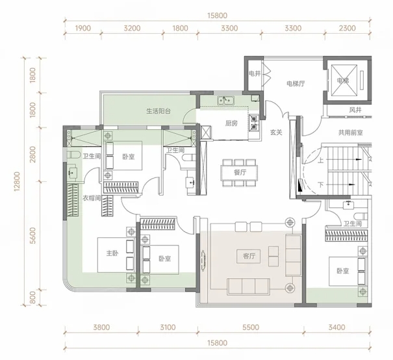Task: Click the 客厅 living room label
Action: coord(249,256)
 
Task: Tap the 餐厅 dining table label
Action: coord(240,172)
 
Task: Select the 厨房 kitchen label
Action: coord(231,123)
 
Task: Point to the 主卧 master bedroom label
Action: coord(112,253)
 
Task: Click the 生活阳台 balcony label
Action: coord(158,111)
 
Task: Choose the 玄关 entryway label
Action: coord(276,133)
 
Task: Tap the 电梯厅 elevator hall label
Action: coord(296,83)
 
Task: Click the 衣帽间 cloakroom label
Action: coord(92,198)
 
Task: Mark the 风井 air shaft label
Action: coord(355,110)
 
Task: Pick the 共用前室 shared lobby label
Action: coord(350,133)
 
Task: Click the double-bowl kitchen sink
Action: coord(225,100)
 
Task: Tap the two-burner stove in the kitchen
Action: coord(253,123)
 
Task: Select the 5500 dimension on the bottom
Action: coord(251,327)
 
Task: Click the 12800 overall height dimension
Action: coord(17,181)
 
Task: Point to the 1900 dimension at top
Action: coord(83,28)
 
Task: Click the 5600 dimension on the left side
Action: coord(32,236)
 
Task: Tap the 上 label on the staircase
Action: coord(320,160)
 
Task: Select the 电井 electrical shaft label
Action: coord(255,73)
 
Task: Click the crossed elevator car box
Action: coord(344,81)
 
